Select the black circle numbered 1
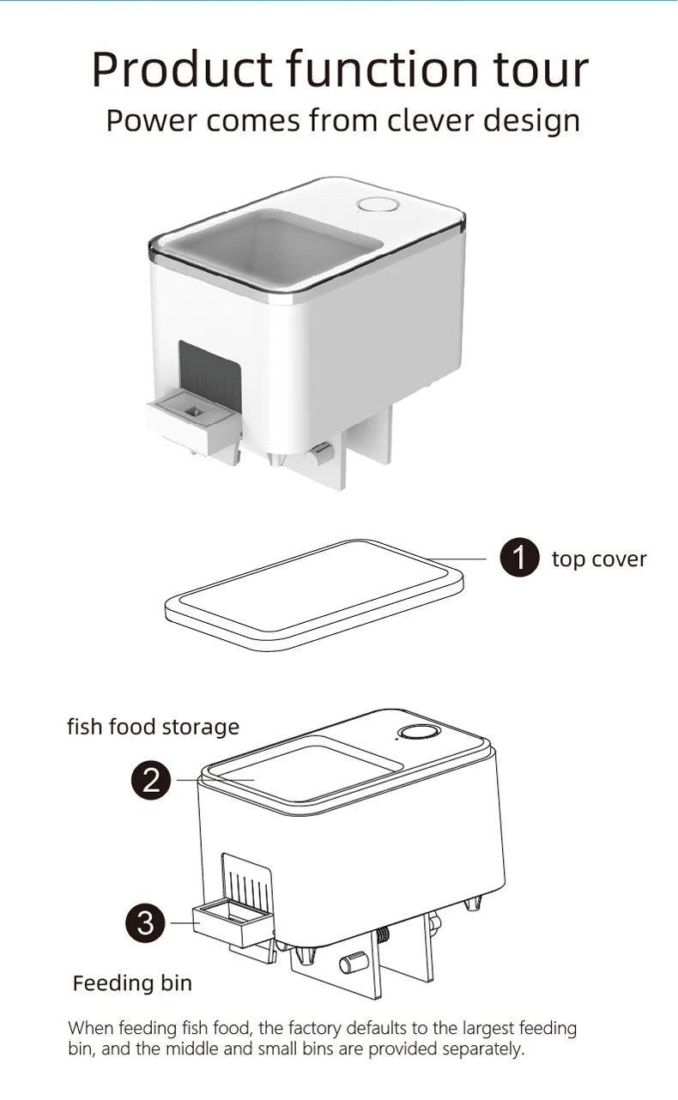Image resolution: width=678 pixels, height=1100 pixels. tap(519, 559)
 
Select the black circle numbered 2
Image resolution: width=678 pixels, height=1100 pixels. tap(151, 780)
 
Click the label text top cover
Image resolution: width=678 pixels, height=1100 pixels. tap(598, 559)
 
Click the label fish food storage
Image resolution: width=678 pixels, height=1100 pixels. tap(153, 727)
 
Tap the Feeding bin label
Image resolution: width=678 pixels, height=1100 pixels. tap(132, 982)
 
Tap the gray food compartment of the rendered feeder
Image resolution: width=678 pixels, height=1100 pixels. tap(270, 245)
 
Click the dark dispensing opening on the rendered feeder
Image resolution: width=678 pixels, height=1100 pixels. tap(209, 369)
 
